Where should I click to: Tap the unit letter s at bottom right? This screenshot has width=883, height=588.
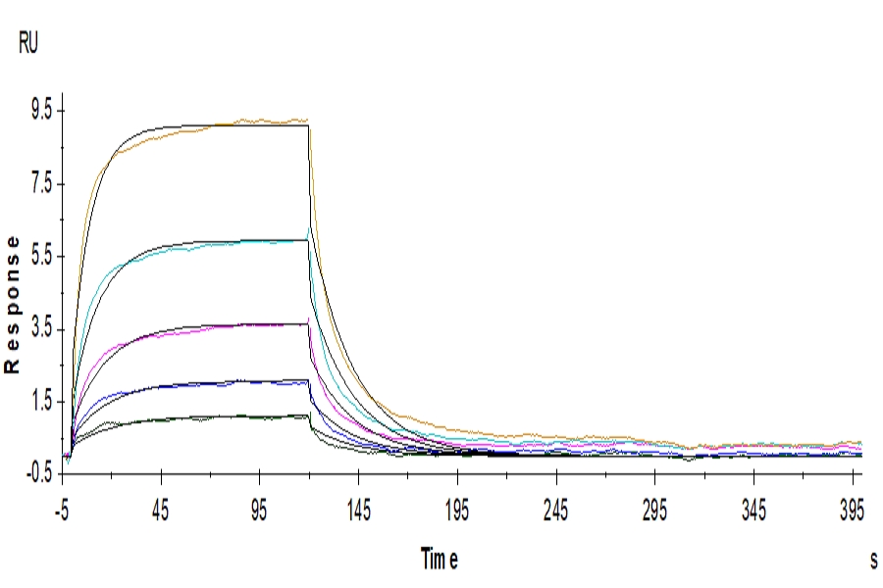click(x=873, y=560)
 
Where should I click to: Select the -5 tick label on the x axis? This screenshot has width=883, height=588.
click(x=63, y=506)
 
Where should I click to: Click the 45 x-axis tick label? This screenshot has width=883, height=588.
click(x=161, y=506)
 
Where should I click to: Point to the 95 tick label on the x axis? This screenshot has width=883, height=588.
click(x=260, y=506)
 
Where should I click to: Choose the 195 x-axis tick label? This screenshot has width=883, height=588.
click(x=457, y=506)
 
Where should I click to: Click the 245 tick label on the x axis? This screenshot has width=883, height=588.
click(x=556, y=506)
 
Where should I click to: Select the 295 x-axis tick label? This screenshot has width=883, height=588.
click(x=655, y=506)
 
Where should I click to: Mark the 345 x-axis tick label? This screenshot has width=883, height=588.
click(x=753, y=506)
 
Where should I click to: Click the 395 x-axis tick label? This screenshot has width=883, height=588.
click(x=853, y=506)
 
